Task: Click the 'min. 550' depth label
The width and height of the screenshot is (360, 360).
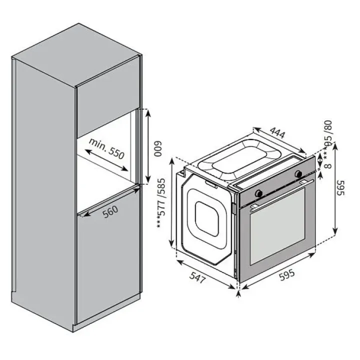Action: point(106,149)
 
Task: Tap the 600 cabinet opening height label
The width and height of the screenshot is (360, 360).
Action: point(157,148)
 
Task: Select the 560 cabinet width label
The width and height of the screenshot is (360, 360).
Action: point(110,211)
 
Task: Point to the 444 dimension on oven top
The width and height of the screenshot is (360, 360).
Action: point(277,133)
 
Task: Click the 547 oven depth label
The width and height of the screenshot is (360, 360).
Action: point(197,277)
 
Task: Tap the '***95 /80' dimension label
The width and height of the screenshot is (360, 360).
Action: point(328,139)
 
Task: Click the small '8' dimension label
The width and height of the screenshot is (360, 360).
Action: point(329,166)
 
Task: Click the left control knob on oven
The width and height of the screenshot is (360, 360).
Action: point(259,193)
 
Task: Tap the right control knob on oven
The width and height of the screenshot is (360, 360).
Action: point(298,174)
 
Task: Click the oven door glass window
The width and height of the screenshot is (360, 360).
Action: point(277,226)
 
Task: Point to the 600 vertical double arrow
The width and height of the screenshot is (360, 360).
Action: point(148,146)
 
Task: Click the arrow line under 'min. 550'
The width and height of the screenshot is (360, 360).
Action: point(106,160)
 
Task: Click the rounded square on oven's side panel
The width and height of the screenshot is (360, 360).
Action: point(206,219)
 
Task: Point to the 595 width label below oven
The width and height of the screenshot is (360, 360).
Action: point(287,274)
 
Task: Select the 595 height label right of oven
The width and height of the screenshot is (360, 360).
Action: point(340,187)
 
